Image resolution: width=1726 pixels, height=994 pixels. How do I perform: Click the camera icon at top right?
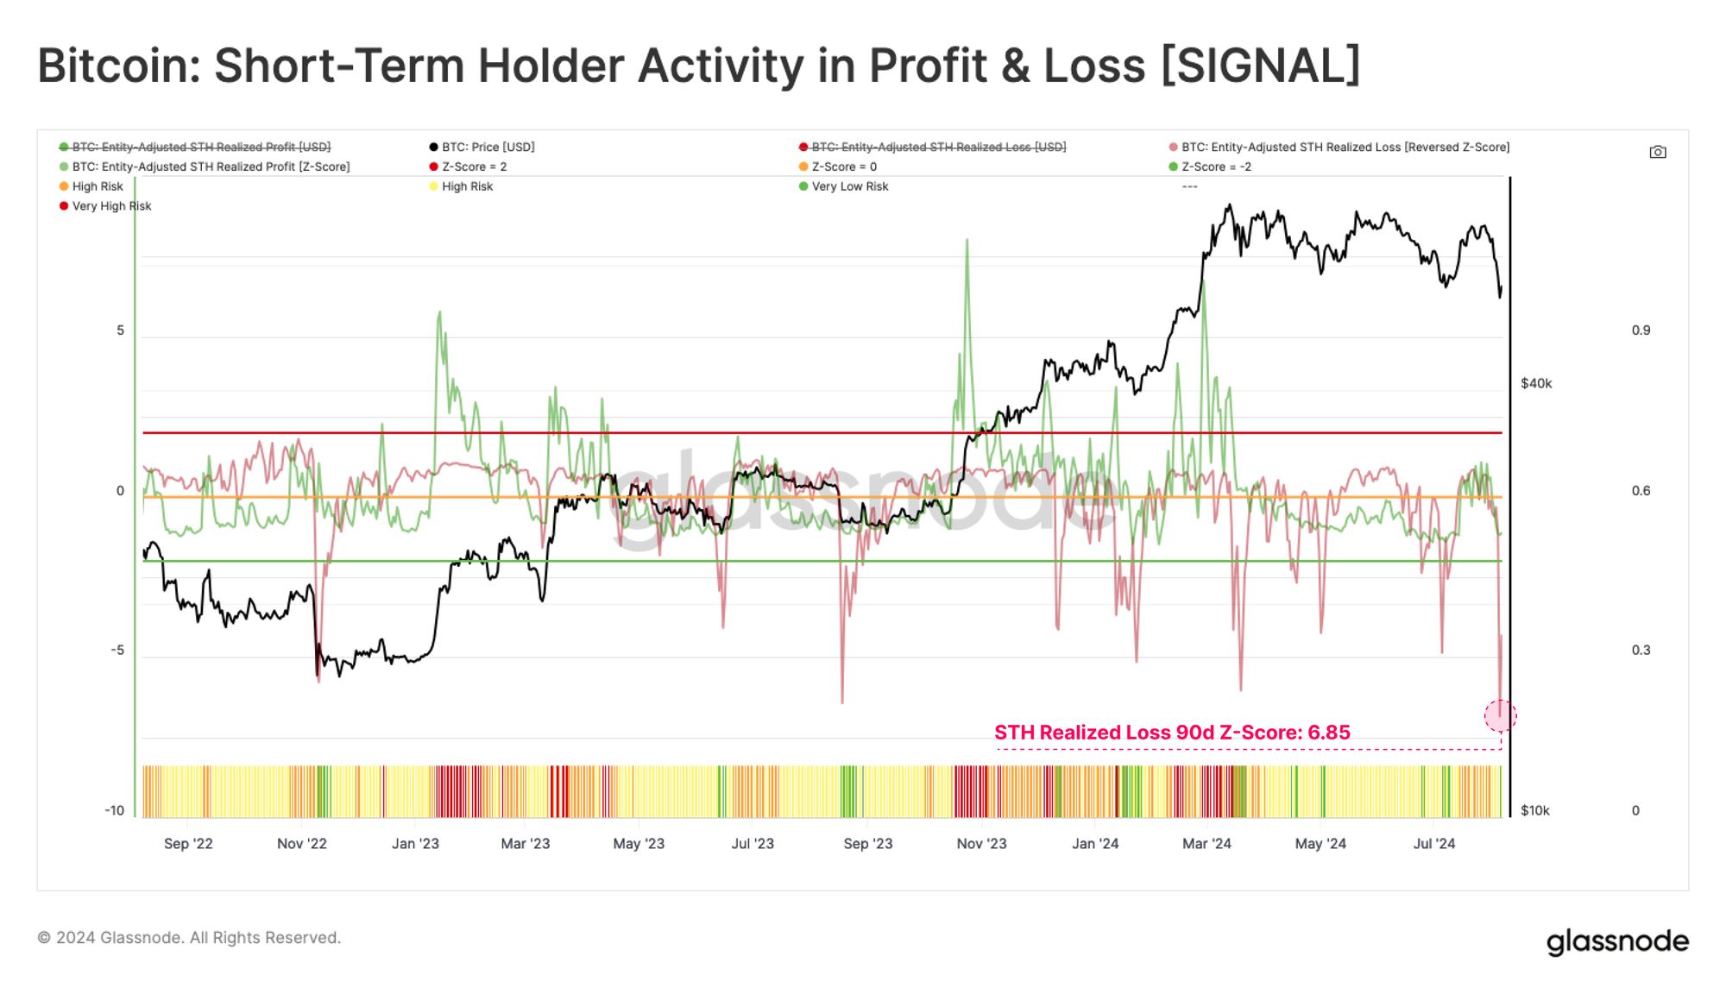tap(1657, 152)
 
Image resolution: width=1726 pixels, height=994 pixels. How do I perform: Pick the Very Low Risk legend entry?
tap(849, 186)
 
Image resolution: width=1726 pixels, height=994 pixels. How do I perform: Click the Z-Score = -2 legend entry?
tap(1215, 167)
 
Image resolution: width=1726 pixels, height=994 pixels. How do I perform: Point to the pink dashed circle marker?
tap(1500, 715)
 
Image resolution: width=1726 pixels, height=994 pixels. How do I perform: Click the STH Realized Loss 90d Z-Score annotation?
tap(1172, 733)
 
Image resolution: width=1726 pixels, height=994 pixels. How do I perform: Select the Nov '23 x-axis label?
tap(981, 844)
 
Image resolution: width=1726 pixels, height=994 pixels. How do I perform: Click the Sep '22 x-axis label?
tap(188, 844)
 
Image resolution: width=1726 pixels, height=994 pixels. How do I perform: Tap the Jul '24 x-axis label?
tap(1433, 844)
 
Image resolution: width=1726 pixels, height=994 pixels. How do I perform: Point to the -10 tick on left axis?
tap(115, 810)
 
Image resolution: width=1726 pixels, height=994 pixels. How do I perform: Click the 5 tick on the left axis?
tap(121, 330)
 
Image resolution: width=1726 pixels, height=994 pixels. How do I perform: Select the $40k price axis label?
tap(1536, 383)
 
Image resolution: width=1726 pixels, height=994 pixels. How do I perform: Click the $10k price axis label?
tap(1535, 810)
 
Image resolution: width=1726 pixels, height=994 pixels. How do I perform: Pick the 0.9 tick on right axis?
tap(1641, 330)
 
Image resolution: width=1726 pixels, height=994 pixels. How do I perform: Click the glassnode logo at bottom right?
tap(1616, 941)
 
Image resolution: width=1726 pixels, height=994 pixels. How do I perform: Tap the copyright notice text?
tap(189, 938)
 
